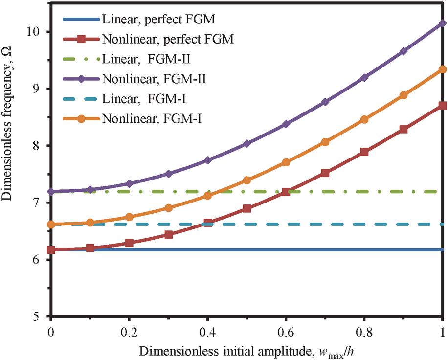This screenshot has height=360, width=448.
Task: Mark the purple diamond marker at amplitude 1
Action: tap(443, 23)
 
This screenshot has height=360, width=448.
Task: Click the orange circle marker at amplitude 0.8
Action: tap(364, 119)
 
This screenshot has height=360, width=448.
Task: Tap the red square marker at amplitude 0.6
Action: tap(286, 192)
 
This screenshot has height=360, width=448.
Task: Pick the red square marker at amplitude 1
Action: tap(443, 105)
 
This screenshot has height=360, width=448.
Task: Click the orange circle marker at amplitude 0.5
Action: tap(246, 180)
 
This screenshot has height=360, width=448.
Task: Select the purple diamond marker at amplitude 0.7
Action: tap(325, 102)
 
